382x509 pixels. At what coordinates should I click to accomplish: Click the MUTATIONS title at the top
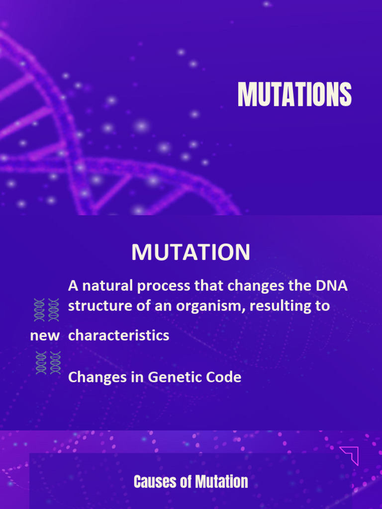click(294, 94)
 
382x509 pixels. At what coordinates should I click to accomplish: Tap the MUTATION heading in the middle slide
click(191, 253)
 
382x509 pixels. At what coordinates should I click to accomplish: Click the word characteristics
click(118, 336)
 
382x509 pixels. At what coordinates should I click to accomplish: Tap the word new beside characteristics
click(45, 336)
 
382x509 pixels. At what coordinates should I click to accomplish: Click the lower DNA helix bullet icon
click(48, 362)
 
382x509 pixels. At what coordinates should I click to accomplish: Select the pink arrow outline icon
click(350, 455)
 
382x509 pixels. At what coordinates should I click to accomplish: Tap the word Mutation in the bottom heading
click(221, 482)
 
